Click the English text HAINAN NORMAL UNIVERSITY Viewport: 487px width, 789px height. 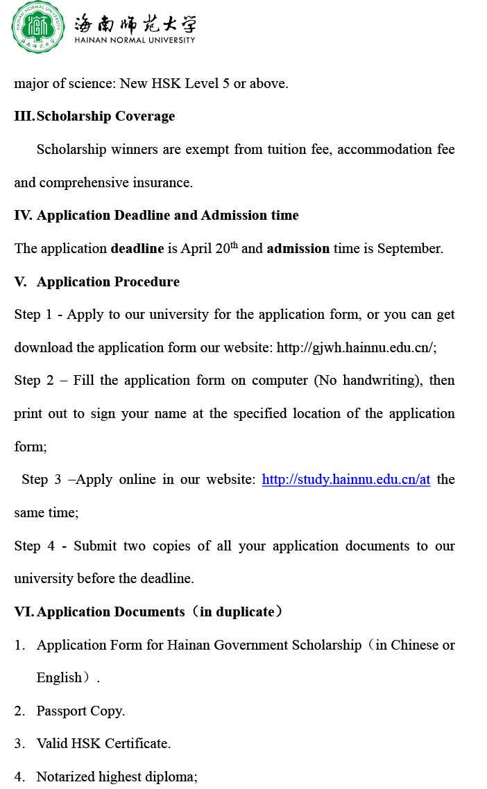135,40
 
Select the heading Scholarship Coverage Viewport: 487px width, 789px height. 105,116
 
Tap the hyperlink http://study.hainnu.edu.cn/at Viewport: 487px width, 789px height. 345,480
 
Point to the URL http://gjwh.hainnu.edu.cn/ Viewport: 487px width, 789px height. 356,347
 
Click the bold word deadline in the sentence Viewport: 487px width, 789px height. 137,248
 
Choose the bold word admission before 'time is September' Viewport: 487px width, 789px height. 298,248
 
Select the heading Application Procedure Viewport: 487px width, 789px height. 108,281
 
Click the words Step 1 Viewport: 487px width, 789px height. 33,315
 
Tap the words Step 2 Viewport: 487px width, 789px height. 33,381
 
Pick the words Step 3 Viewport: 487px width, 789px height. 41,480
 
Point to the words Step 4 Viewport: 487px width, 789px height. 33,546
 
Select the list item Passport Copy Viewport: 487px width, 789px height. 80,711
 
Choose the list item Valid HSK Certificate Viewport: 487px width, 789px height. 103,744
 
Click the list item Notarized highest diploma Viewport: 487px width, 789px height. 117,777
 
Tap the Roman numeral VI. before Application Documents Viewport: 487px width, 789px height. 24,612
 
